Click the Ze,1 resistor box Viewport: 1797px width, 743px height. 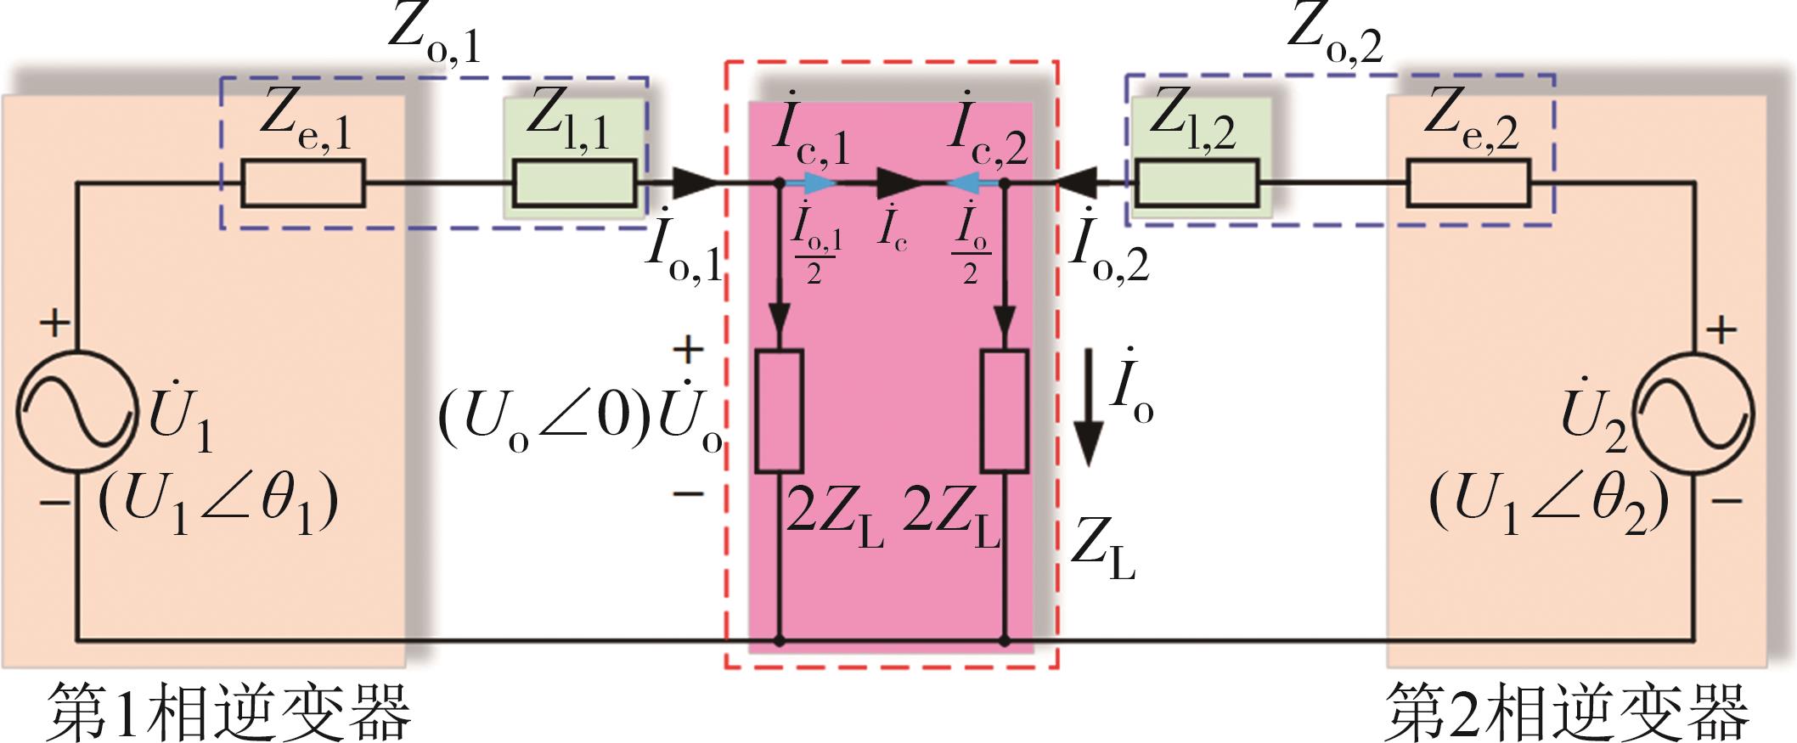point(303,183)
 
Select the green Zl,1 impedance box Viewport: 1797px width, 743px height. point(574,183)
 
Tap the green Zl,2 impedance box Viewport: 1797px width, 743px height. point(1197,183)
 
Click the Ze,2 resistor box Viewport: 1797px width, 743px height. point(1467,183)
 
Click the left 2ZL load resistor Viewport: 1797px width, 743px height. point(779,410)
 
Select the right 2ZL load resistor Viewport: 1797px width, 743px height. point(1005,410)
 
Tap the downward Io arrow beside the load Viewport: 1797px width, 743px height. point(1090,425)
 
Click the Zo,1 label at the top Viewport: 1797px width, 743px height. point(434,38)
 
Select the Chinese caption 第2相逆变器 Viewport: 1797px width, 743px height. point(1568,708)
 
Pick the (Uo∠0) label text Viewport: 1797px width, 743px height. point(544,419)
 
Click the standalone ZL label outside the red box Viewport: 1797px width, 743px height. point(1102,552)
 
